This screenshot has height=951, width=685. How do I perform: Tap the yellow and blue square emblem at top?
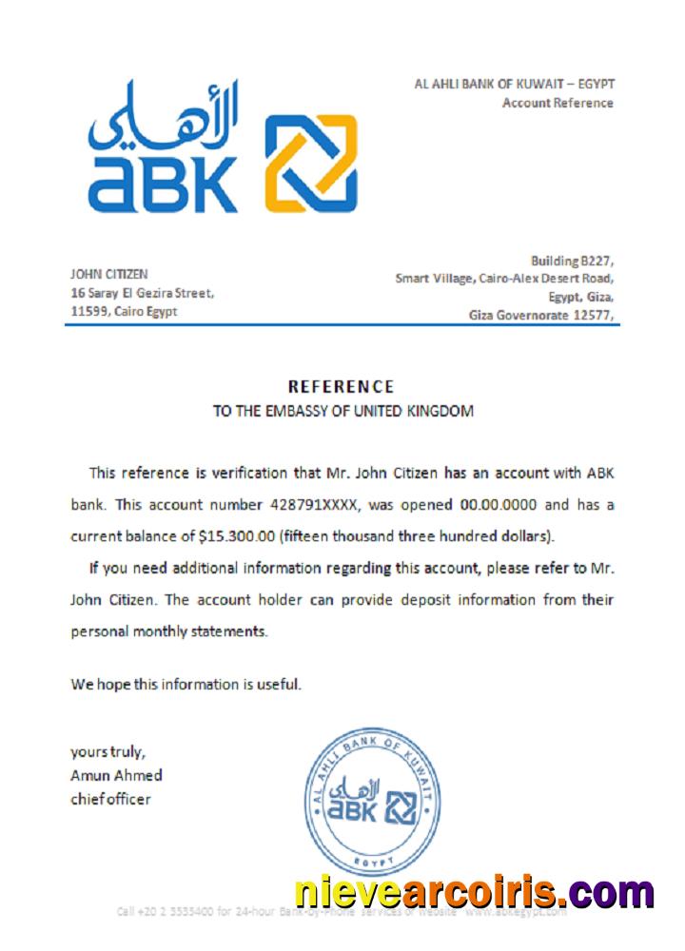click(x=310, y=163)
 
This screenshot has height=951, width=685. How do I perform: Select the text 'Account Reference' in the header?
click(x=558, y=103)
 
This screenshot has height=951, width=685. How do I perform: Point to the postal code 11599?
click(x=89, y=312)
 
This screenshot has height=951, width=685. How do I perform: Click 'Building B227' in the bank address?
click(x=571, y=261)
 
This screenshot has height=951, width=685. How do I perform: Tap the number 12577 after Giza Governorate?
click(x=591, y=315)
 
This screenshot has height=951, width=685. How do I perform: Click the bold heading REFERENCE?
click(x=341, y=387)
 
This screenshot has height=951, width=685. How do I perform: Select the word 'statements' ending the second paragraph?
click(x=233, y=631)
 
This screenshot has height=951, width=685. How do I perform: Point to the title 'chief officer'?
click(x=110, y=799)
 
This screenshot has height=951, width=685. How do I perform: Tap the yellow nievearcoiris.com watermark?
click(x=474, y=892)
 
